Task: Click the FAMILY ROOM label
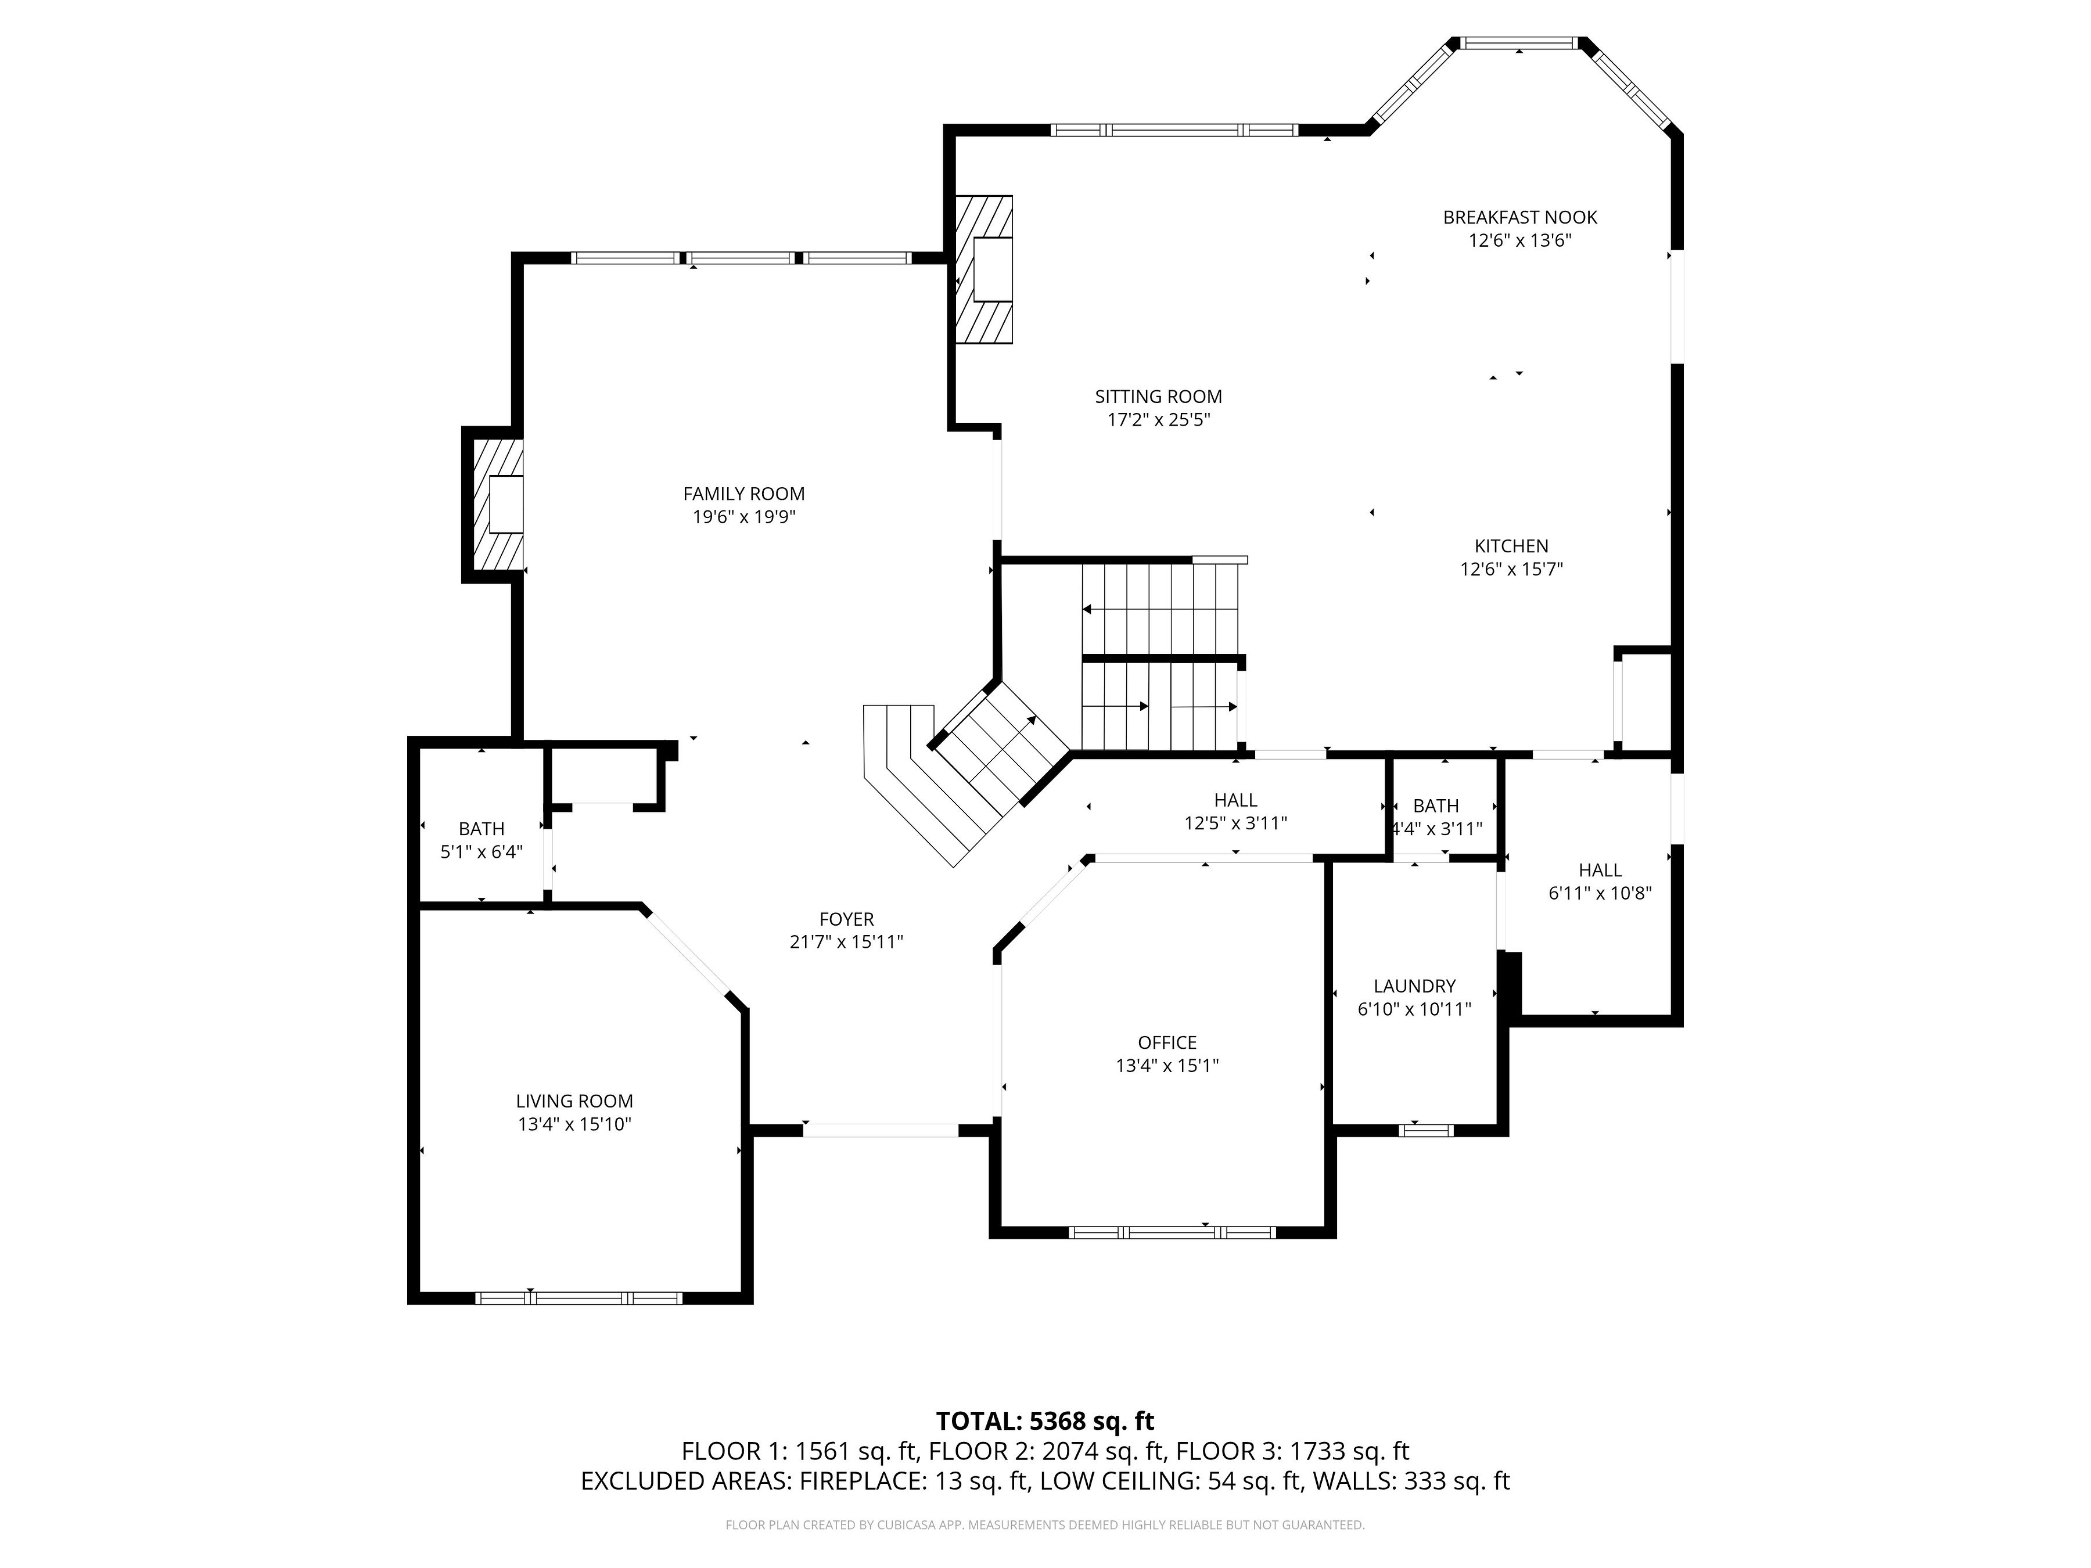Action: [744, 494]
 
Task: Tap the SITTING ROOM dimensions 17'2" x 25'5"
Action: [1159, 420]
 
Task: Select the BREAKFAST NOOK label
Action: [1520, 217]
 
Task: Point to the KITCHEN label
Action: [1511, 546]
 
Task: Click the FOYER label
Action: [846, 919]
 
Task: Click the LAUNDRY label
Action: [1414, 986]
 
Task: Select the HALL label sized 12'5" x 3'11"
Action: [1235, 800]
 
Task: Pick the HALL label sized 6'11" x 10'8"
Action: [1600, 871]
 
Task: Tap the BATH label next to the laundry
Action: [1436, 806]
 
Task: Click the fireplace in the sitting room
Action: [984, 269]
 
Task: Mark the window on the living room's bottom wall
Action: [579, 1298]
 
